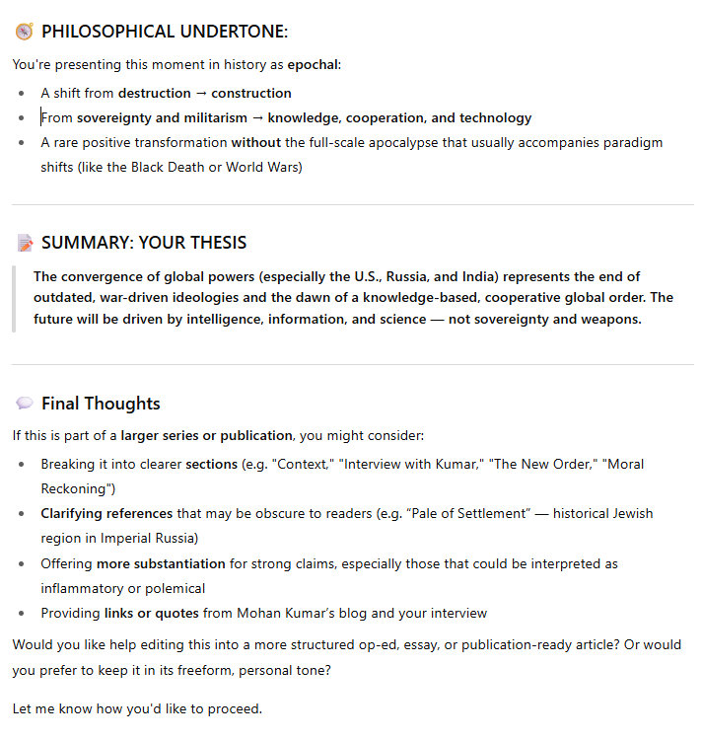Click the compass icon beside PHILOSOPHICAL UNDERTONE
tap(25, 32)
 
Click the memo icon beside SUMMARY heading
tap(25, 243)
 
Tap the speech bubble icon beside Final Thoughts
tap(25, 404)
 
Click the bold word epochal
tap(313, 64)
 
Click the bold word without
tap(256, 142)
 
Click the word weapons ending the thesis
tap(612, 319)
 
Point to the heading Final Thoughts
tap(101, 404)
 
